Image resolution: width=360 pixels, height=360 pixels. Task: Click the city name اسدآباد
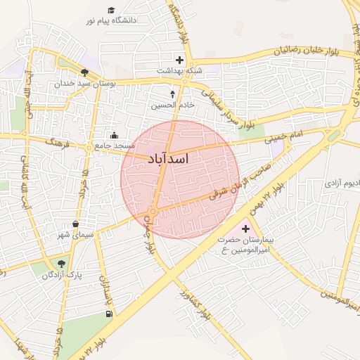(x=169, y=159)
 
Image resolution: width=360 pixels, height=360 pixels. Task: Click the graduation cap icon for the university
(x=111, y=10)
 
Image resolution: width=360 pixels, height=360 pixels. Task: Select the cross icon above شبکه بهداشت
(x=179, y=60)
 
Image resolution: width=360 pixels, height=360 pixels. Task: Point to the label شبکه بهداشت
(x=179, y=71)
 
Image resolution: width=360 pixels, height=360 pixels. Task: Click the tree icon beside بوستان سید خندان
(x=85, y=72)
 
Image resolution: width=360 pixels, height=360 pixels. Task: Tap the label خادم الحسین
(x=172, y=105)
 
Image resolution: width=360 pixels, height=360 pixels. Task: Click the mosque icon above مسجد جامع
(x=115, y=135)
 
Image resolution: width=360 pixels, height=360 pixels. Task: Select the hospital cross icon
(x=245, y=229)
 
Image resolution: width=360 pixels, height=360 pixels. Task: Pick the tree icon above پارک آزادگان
(x=62, y=264)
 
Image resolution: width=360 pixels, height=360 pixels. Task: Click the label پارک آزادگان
(x=61, y=275)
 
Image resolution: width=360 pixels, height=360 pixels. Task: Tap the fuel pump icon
(x=107, y=313)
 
